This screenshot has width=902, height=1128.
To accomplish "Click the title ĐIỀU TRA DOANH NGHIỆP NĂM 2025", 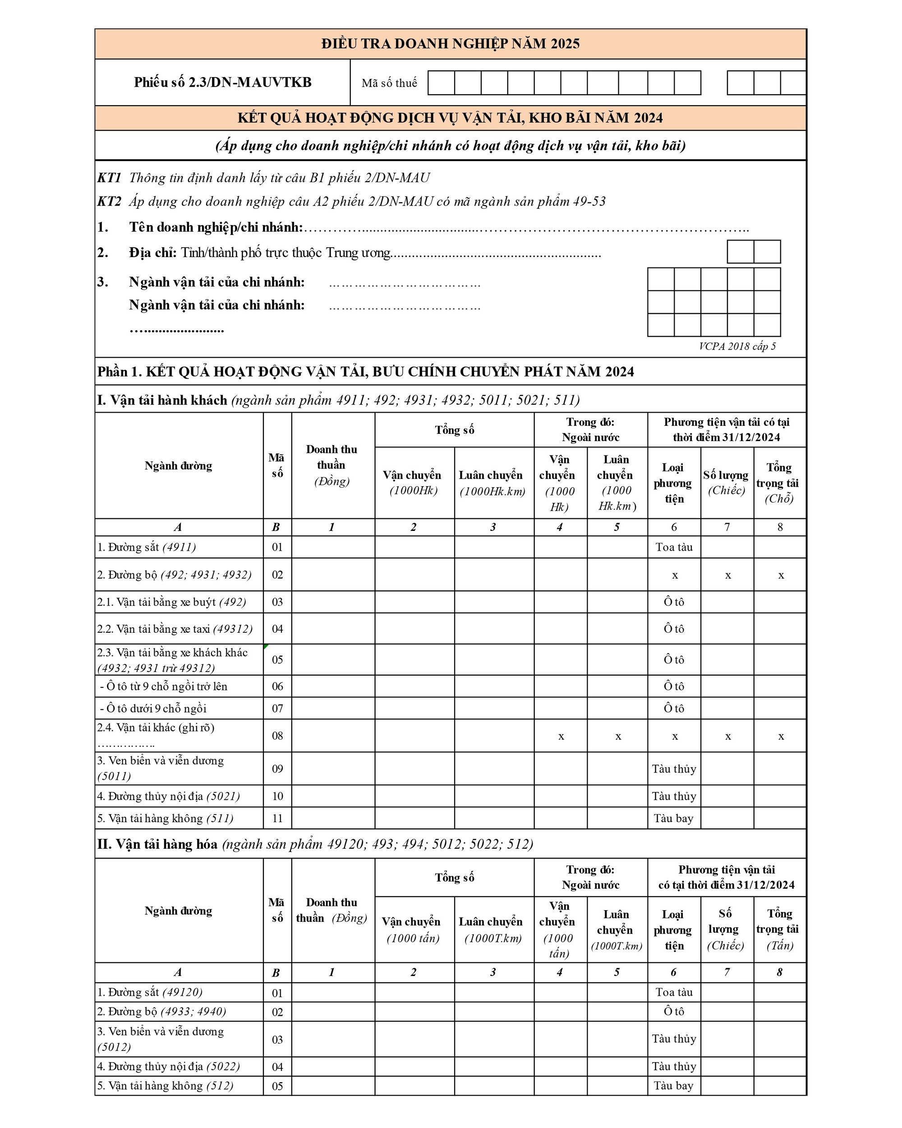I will pyautogui.click(x=450, y=43).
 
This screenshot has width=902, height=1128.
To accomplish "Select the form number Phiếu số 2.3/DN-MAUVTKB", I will pyautogui.click(x=222, y=82).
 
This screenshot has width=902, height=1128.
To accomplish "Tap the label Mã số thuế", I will pyautogui.click(x=389, y=83).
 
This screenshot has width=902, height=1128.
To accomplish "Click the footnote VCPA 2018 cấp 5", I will pyautogui.click(x=736, y=346).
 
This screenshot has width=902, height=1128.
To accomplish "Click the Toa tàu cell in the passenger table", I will pyautogui.click(x=674, y=547).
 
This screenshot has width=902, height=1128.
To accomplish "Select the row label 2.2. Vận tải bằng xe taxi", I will pyautogui.click(x=175, y=629).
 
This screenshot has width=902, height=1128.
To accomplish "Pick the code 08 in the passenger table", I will pyautogui.click(x=277, y=736).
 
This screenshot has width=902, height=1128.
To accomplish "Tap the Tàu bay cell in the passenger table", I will pyautogui.click(x=673, y=818).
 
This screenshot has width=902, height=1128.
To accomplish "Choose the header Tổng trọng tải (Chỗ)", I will pyautogui.click(x=779, y=483).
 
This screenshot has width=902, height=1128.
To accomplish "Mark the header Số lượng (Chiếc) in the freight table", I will pyautogui.click(x=725, y=929).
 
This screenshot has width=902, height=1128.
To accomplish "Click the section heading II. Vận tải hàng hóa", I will pyautogui.click(x=157, y=844).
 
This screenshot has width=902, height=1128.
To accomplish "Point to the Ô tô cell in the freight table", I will pyautogui.click(x=674, y=1011).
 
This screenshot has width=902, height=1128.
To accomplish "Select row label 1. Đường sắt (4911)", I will pyautogui.click(x=147, y=547).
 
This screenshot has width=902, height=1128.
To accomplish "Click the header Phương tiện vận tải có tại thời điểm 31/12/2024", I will pyautogui.click(x=726, y=429).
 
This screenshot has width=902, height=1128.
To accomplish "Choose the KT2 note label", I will pyautogui.click(x=109, y=202).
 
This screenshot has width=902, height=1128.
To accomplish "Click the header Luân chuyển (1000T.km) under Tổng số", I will pyautogui.click(x=493, y=929).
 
